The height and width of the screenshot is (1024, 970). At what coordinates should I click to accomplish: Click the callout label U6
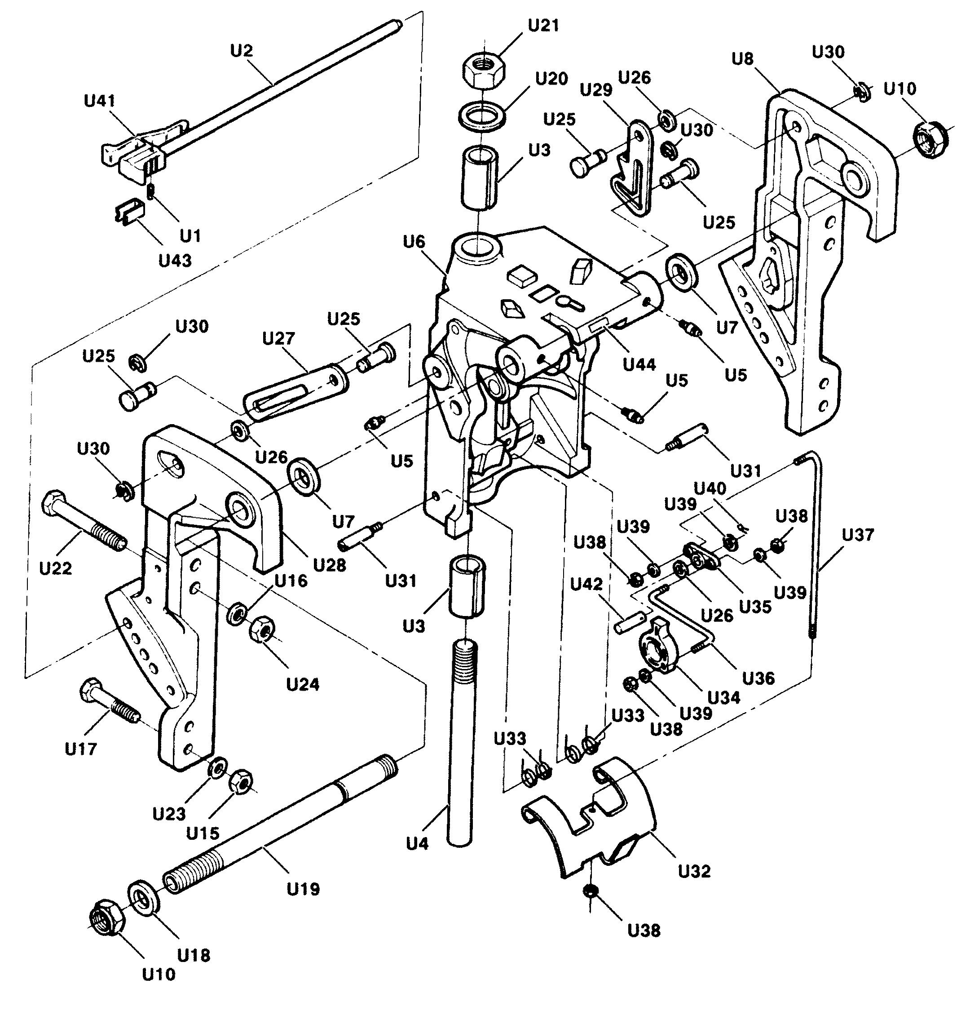[414, 242]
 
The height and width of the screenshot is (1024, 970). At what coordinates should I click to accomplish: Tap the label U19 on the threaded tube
[304, 889]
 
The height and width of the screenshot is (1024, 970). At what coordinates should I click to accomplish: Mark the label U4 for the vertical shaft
[417, 844]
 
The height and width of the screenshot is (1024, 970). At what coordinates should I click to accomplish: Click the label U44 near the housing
[639, 364]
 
